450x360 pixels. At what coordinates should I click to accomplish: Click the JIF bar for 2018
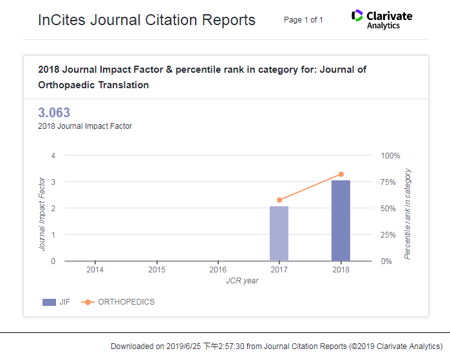(341, 221)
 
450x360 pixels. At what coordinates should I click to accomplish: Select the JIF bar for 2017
(279, 234)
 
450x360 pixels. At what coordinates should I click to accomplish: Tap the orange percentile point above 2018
(341, 175)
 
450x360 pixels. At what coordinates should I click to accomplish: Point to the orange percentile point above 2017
(279, 200)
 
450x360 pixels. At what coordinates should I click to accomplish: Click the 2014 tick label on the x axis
(95, 270)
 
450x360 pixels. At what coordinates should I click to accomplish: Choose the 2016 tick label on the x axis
(218, 270)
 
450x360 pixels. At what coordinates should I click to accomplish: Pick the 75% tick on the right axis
(389, 182)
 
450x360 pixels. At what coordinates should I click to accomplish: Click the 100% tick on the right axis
(390, 156)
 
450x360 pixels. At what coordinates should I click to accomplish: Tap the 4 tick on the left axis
(53, 156)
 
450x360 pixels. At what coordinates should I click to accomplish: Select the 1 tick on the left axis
(53, 235)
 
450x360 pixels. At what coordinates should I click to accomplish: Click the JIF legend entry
(57, 302)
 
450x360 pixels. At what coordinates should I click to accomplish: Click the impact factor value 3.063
(54, 113)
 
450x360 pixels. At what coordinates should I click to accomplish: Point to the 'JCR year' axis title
(242, 281)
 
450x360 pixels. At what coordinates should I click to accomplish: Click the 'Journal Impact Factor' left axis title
(42, 213)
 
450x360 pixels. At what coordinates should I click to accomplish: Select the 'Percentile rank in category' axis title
(408, 214)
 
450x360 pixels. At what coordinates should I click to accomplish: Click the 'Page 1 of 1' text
(303, 20)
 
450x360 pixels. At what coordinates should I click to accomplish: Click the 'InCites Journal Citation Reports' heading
(147, 20)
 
